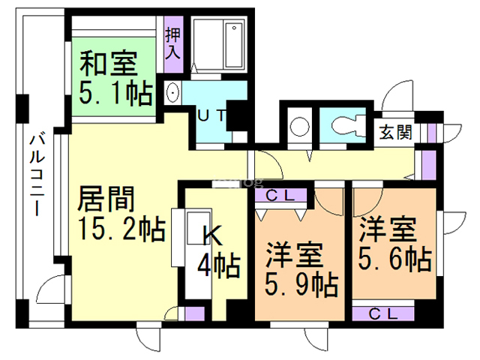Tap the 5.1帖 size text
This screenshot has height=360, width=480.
(x=116, y=93)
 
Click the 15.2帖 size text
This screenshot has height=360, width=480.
(x=121, y=229)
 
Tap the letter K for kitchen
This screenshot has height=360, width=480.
(x=212, y=237)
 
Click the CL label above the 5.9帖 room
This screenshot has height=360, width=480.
(x=281, y=196)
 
